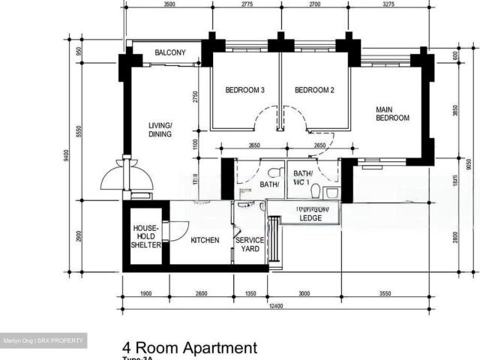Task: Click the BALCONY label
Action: [170, 53]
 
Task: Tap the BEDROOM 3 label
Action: [245, 91]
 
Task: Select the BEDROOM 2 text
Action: [314, 91]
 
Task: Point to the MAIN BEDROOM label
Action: [392, 113]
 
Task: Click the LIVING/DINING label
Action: [160, 130]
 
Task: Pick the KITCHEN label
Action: [205, 241]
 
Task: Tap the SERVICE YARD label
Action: [248, 244]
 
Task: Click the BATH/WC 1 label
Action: [304, 177]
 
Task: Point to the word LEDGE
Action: [311, 218]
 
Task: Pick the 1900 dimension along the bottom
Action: [145, 294]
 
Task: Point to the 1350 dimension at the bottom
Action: [250, 294]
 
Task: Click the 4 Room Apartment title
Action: [190, 347]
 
